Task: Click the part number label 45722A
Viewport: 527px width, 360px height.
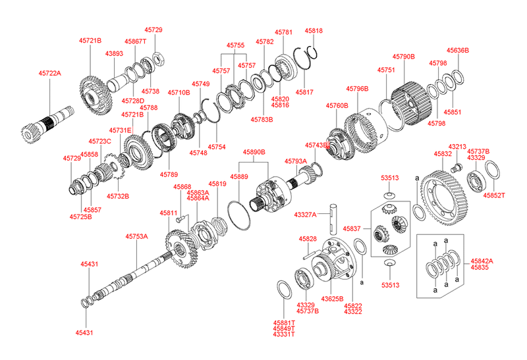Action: click(x=48, y=73)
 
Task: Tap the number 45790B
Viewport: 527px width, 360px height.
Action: click(x=403, y=57)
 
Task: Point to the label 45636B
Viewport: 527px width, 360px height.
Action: click(x=457, y=50)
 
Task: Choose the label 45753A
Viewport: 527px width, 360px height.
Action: click(x=137, y=236)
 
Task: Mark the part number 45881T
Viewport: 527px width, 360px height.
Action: click(x=285, y=322)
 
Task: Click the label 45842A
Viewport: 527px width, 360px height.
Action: click(x=482, y=261)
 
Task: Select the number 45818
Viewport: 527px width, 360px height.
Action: click(x=314, y=31)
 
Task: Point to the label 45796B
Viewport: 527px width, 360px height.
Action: click(x=357, y=88)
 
